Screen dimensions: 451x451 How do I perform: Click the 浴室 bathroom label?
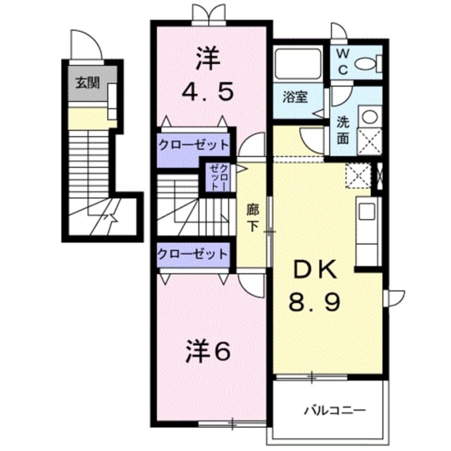[295, 98]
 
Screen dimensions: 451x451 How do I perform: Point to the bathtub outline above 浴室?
[298, 64]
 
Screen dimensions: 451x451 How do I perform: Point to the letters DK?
[315, 271]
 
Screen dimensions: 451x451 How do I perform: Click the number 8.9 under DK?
[314, 303]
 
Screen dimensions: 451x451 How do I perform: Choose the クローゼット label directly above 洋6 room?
[193, 253]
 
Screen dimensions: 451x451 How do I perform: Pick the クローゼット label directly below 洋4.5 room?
[193, 145]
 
